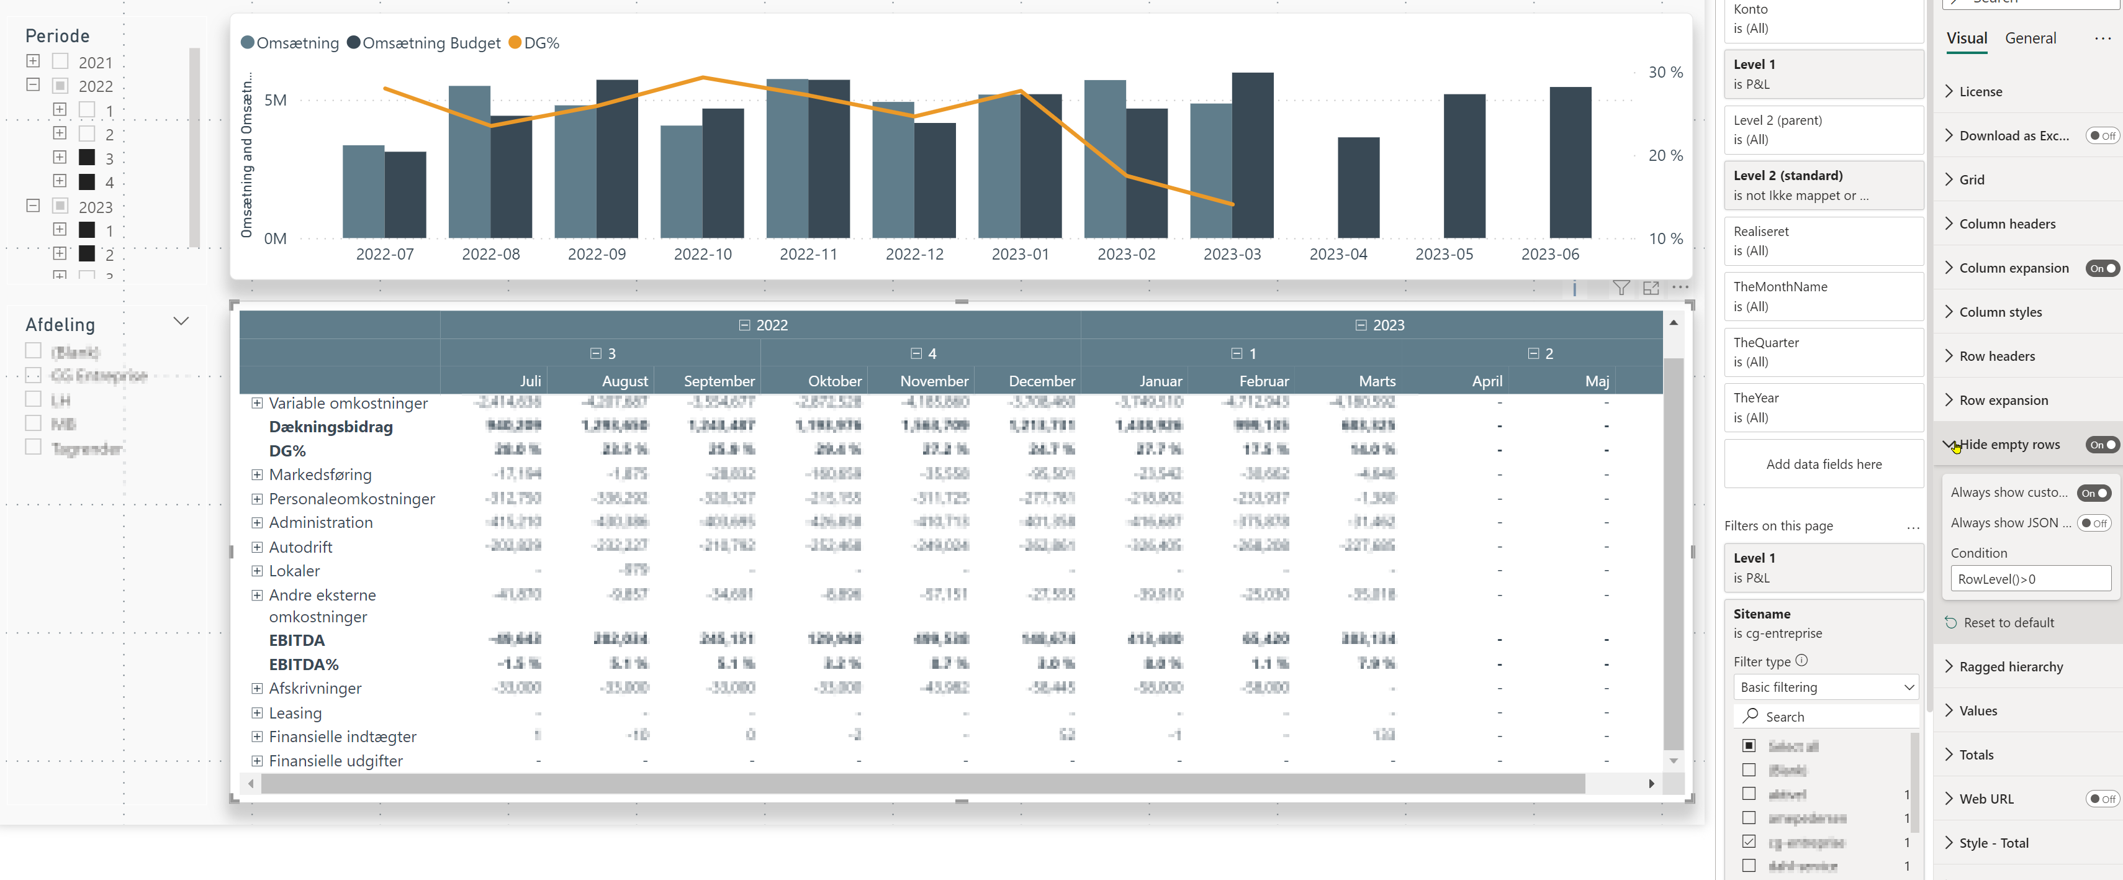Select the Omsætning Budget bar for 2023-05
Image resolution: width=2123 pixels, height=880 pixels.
pyautogui.click(x=1464, y=166)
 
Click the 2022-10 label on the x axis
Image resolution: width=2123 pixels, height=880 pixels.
pyautogui.click(x=702, y=255)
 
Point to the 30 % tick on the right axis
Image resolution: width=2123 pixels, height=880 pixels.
pyautogui.click(x=1665, y=73)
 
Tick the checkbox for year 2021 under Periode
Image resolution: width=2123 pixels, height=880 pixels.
pyautogui.click(x=60, y=62)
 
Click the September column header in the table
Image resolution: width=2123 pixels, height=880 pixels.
pyautogui.click(x=719, y=381)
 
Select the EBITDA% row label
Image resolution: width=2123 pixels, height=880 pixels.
pyautogui.click(x=304, y=664)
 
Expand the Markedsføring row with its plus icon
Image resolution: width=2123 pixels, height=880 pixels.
pyautogui.click(x=257, y=475)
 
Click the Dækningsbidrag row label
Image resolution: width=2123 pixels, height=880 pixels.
pyautogui.click(x=330, y=427)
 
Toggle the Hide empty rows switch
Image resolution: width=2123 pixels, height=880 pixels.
pyautogui.click(x=2101, y=445)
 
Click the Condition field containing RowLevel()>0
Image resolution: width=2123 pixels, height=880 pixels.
pyautogui.click(x=2030, y=579)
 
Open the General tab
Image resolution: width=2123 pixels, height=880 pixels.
pyautogui.click(x=2030, y=38)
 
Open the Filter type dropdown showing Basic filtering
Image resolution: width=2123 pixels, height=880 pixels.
pyautogui.click(x=1826, y=687)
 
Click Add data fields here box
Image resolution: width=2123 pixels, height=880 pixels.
pyautogui.click(x=1823, y=465)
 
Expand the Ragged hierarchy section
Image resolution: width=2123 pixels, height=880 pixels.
pyautogui.click(x=2010, y=666)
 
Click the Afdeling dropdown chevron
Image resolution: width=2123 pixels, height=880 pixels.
pyautogui.click(x=181, y=322)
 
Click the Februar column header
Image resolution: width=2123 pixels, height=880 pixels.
pyautogui.click(x=1263, y=381)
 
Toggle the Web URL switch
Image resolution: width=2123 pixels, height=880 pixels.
pyautogui.click(x=2101, y=799)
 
